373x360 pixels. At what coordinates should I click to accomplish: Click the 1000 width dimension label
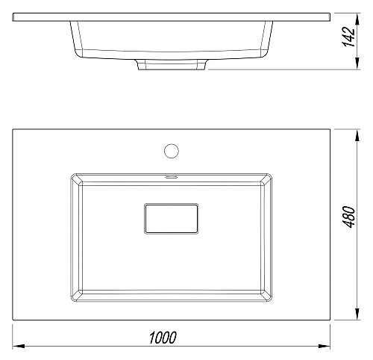coord(163,338)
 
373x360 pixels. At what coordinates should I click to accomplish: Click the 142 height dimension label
coord(348,37)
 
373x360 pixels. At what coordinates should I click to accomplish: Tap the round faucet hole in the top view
coord(172,151)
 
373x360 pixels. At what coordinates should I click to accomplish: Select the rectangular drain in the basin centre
coord(172,219)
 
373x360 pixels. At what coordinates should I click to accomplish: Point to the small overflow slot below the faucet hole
coord(172,177)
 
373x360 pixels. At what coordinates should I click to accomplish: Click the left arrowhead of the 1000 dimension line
coord(19,346)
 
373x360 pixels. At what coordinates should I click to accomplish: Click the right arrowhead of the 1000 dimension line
coord(325,346)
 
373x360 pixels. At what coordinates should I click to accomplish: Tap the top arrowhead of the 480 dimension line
coord(357,135)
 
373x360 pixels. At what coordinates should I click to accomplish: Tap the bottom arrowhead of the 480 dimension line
coord(357,314)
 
